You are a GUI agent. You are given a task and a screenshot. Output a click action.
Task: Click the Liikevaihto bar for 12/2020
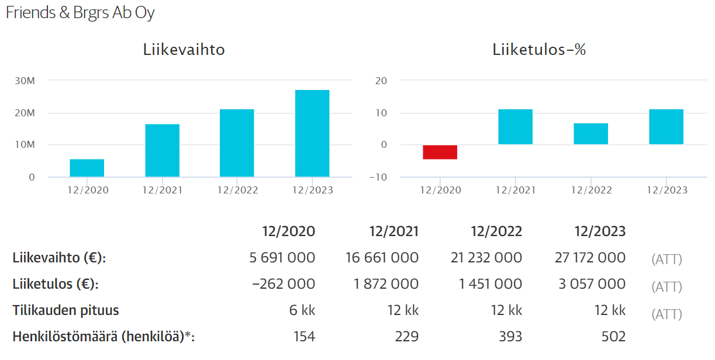87,168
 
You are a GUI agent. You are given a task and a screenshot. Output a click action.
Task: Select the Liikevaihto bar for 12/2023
312,133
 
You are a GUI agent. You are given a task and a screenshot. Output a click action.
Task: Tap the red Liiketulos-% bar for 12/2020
440,152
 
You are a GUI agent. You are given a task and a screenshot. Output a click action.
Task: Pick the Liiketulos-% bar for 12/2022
590,134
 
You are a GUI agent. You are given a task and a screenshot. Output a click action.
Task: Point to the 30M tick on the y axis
25,81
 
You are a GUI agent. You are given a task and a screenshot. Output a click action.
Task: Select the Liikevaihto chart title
184,50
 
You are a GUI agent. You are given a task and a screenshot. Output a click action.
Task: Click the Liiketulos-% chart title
539,50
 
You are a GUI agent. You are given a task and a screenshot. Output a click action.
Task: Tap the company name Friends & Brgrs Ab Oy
80,13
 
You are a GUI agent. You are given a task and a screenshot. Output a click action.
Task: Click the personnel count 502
613,337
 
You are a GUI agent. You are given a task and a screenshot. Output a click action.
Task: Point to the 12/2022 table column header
496,231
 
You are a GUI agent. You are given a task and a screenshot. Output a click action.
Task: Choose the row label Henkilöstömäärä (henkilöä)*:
103,337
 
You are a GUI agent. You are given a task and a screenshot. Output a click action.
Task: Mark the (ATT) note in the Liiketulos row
666,287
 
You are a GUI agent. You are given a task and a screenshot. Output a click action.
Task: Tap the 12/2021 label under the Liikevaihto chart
163,191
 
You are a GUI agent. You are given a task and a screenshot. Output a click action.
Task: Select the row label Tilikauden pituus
66,310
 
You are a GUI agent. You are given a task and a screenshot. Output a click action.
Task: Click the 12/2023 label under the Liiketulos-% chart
667,191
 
